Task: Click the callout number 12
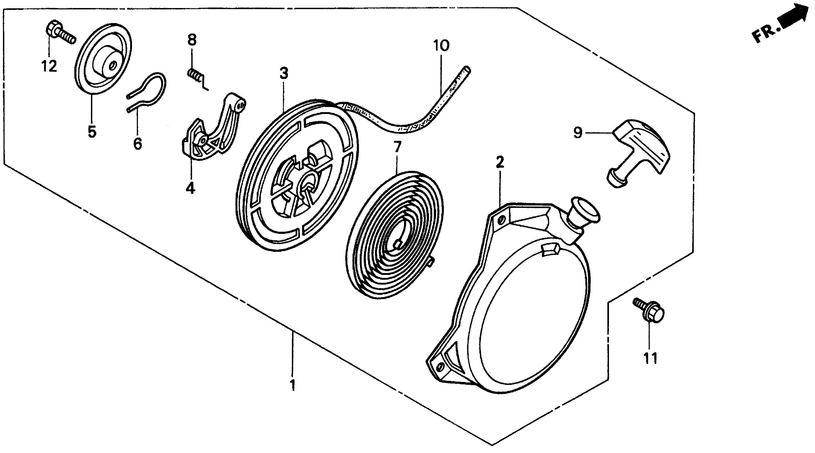(49, 67)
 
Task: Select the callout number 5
(92, 132)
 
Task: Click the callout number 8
(192, 40)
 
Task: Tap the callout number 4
(190, 189)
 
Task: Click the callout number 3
(284, 73)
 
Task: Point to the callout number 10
(441, 46)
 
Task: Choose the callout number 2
(500, 162)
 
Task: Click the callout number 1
(293, 385)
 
